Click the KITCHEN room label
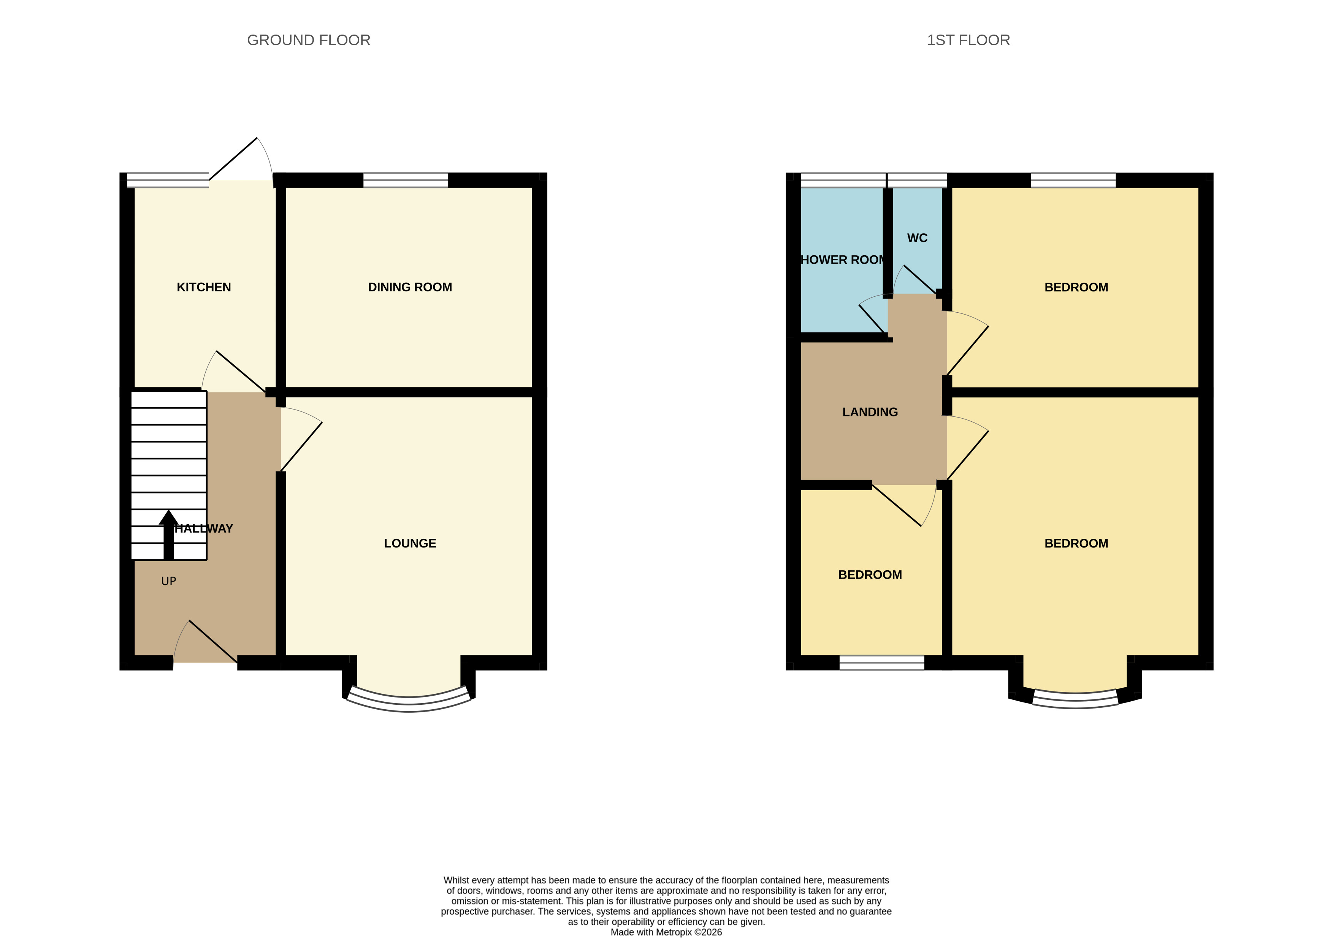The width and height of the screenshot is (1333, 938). click(204, 287)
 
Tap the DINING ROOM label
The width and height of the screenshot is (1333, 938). click(410, 287)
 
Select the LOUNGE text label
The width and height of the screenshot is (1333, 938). click(410, 543)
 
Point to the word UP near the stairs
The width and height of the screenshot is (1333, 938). click(168, 581)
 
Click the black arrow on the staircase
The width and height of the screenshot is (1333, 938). click(168, 535)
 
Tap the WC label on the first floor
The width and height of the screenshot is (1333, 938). click(917, 238)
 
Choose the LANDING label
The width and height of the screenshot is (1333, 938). click(870, 412)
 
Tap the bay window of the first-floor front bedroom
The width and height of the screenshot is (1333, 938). click(1075, 701)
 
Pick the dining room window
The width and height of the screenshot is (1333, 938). click(406, 180)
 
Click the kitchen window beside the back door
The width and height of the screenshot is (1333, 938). click(168, 180)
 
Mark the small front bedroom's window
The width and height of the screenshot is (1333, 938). click(881, 663)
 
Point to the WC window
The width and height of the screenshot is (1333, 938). click(917, 180)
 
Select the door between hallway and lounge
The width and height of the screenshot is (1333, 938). click(301, 440)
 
